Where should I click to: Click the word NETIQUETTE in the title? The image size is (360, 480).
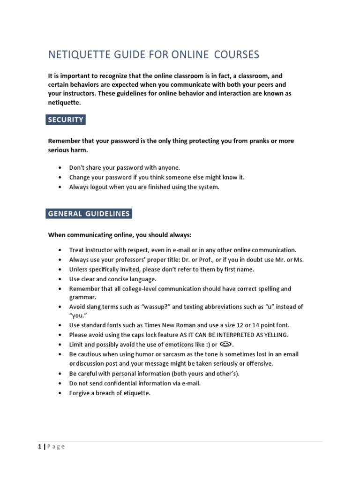tap(77, 55)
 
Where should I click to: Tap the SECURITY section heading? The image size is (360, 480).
tap(66, 120)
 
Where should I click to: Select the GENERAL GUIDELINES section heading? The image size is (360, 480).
tap(89, 214)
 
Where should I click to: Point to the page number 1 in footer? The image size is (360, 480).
tap(40, 447)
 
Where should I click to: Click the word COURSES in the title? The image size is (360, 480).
tap(237, 55)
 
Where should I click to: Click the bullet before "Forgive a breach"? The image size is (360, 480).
tap(60, 393)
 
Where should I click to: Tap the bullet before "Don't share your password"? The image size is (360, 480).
tap(60, 167)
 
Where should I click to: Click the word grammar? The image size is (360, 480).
tap(82, 297)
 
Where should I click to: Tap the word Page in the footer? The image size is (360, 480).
tap(56, 447)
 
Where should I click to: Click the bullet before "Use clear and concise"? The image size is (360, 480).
tap(60, 279)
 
